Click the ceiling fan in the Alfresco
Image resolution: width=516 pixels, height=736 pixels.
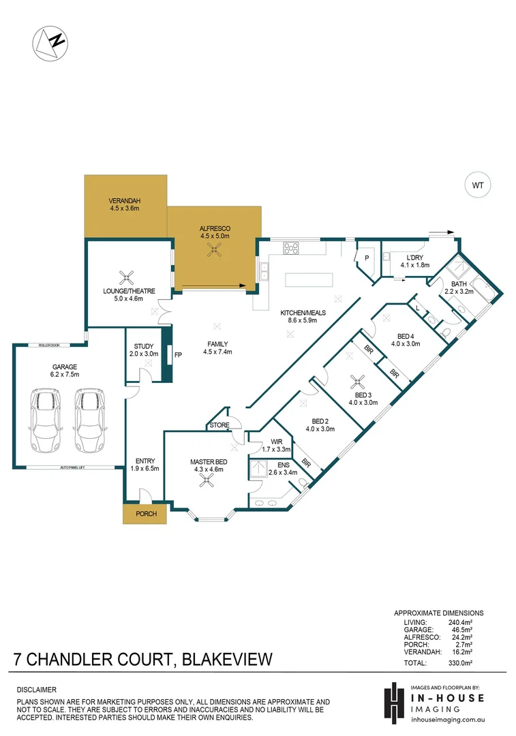click(x=214, y=249)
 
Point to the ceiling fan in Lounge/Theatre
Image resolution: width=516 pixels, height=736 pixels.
click(x=126, y=277)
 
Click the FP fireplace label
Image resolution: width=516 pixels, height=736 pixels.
click(x=178, y=356)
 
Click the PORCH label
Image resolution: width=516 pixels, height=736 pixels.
click(x=145, y=514)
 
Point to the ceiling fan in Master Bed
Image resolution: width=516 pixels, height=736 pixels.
click(x=204, y=480)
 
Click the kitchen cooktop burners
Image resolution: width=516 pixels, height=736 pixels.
click(x=291, y=249)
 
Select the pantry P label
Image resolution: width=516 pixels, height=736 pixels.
click(x=367, y=258)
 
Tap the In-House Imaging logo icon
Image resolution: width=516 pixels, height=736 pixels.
click(x=393, y=701)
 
